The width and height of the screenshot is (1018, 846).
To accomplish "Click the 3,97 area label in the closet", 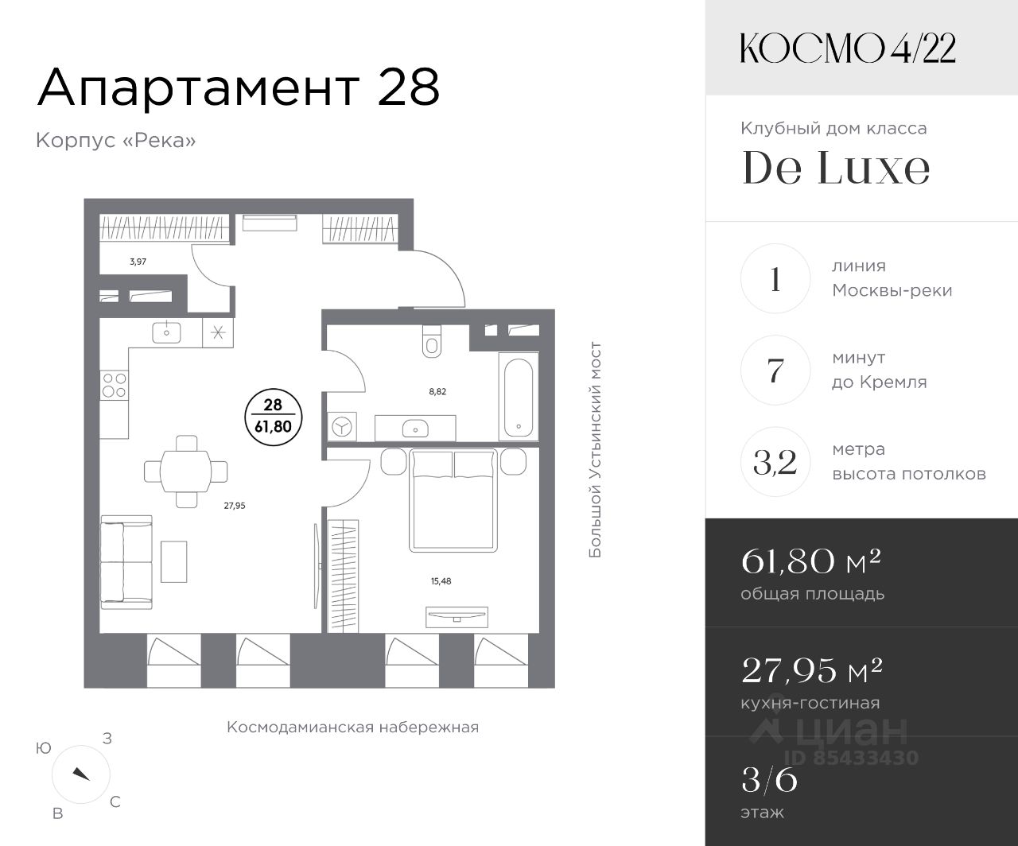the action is (138, 262).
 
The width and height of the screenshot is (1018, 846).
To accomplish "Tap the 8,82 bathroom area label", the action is (437, 391).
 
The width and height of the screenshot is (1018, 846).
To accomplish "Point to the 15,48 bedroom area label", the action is (441, 581).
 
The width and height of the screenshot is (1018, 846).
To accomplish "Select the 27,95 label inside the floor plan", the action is (235, 506).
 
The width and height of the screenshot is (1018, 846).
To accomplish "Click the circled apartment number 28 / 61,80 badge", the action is (273, 417).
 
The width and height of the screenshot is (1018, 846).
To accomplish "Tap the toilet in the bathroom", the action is (432, 341).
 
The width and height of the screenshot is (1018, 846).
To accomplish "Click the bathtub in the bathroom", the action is (519, 398).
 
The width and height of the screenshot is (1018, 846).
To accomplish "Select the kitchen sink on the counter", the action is (166, 332).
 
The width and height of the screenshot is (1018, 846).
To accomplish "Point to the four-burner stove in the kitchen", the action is (114, 385).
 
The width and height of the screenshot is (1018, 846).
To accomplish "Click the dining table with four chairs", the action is (186, 472).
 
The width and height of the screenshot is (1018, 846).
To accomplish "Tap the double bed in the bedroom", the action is (453, 500).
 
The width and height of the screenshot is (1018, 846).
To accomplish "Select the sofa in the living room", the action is (126, 562).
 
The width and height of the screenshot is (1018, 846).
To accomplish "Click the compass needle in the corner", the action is (81, 774).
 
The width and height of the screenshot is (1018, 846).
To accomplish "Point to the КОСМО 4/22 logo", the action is (848, 49).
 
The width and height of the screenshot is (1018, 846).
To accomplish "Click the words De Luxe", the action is (836, 168).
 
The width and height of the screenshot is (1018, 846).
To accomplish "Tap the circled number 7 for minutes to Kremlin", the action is (775, 370).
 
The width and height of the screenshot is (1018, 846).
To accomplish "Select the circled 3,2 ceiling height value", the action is (775, 462).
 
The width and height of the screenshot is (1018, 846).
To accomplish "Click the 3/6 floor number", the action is (769, 780).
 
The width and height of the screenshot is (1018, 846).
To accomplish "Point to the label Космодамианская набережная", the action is (352, 727).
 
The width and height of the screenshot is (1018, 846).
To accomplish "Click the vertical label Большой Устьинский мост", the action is (595, 450).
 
